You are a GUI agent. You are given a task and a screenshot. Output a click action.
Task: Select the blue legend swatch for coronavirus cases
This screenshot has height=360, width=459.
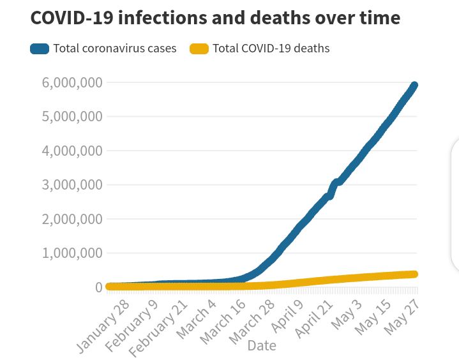pyautogui.click(x=40, y=49)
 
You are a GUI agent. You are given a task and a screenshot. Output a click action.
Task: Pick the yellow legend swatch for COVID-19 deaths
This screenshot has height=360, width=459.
pyautogui.click(x=199, y=49)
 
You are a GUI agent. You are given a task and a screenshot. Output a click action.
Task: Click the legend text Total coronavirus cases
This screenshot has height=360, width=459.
pyautogui.click(x=115, y=49)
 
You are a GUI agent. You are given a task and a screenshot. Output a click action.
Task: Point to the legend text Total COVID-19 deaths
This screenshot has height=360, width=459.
pyautogui.click(x=271, y=49)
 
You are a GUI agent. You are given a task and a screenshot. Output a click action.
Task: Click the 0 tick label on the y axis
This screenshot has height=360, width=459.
pyautogui.click(x=98, y=287)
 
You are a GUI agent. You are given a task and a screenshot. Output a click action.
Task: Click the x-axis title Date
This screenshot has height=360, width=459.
pyautogui.click(x=262, y=345)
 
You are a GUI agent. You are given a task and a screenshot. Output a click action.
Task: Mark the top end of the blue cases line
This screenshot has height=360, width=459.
pyautogui.click(x=414, y=86)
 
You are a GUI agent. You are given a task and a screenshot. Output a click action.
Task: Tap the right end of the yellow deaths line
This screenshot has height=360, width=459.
pyautogui.click(x=414, y=274)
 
